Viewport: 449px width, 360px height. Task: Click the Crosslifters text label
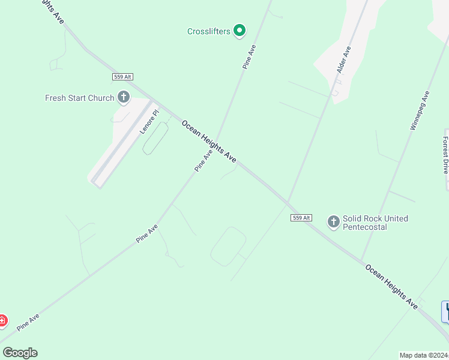coord(208,31)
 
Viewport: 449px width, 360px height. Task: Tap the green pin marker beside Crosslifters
coord(240,30)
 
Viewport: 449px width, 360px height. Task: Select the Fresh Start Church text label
coord(79,98)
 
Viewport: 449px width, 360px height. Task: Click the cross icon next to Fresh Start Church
coord(124,97)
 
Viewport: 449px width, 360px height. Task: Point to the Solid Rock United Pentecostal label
coord(375,223)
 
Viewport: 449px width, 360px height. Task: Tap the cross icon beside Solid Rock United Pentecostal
coord(333,222)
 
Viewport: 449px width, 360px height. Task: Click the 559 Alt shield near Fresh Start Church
coord(122,77)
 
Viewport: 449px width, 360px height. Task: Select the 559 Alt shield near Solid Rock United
coord(301,218)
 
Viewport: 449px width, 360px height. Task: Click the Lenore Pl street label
coord(149,121)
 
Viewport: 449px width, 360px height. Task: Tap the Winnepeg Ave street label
coord(420,110)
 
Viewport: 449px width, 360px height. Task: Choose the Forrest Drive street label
coord(445,155)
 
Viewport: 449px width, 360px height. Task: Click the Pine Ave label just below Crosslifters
coord(250,57)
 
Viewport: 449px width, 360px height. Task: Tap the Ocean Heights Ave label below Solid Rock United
coord(391,286)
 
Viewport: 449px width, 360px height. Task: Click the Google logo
coord(20,353)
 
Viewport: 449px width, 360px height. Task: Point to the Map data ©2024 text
coord(424,355)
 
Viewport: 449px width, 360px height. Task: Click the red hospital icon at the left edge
coord(2,321)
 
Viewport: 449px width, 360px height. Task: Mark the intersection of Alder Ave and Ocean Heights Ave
coord(288,202)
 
